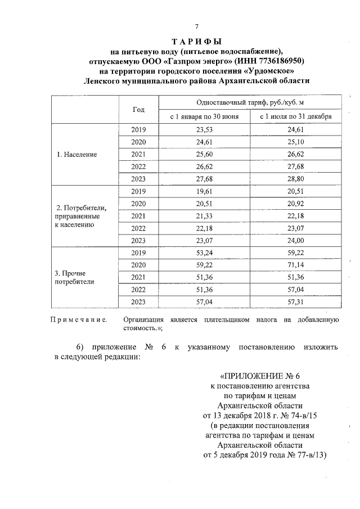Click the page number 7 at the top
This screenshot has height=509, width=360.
tap(197, 27)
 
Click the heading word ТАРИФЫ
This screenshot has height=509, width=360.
tap(197, 41)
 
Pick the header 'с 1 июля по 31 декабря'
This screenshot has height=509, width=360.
tap(295, 117)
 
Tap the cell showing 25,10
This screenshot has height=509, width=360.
tap(295, 142)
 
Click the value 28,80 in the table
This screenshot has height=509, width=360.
tap(295, 178)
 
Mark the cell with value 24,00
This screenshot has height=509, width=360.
tap(295, 240)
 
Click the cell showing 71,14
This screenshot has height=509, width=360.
tap(295, 265)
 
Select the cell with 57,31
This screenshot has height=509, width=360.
tap(295, 301)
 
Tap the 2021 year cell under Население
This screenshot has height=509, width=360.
tap(138, 154)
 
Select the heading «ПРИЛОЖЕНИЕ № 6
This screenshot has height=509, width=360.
tap(259, 375)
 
